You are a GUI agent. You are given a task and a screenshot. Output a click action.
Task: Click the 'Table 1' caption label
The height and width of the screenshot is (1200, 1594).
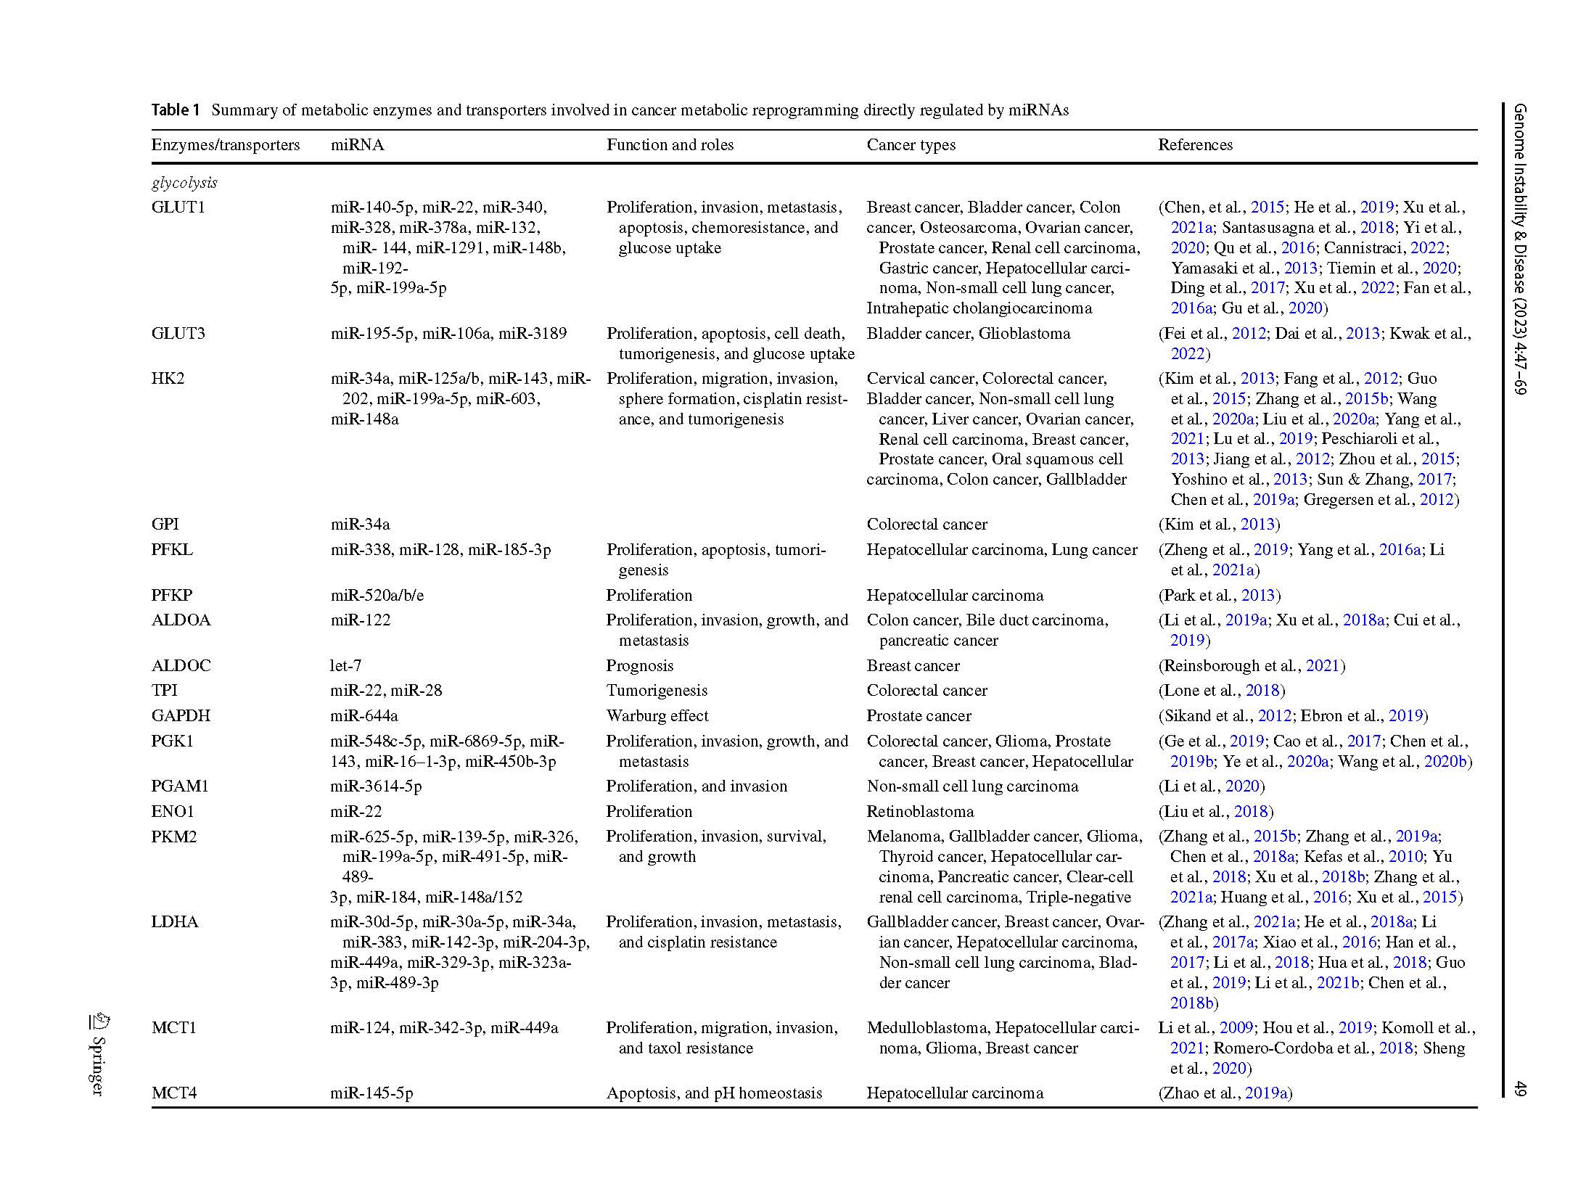pyautogui.click(x=175, y=110)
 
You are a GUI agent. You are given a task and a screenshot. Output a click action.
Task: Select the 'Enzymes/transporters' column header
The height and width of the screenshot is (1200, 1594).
pyautogui.click(x=225, y=144)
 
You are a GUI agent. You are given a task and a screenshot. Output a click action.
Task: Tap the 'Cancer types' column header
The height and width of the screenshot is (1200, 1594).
pyautogui.click(x=911, y=144)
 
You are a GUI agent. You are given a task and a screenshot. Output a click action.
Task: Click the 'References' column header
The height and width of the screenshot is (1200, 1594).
pyautogui.click(x=1195, y=144)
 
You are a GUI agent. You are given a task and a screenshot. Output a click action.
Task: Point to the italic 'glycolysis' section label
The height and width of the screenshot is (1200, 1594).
pyautogui.click(x=184, y=182)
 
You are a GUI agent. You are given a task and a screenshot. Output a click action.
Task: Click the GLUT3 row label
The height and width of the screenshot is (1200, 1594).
pyautogui.click(x=178, y=333)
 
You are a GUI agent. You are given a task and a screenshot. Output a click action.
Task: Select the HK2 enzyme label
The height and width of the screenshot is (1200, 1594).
pyautogui.click(x=168, y=378)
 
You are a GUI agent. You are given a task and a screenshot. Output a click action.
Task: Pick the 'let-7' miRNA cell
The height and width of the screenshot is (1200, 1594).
pyautogui.click(x=345, y=665)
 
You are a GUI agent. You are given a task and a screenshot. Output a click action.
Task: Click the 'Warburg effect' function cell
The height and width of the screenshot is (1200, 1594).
pyautogui.click(x=657, y=715)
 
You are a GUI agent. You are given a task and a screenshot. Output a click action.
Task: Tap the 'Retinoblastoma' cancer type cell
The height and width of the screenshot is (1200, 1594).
pyautogui.click(x=920, y=811)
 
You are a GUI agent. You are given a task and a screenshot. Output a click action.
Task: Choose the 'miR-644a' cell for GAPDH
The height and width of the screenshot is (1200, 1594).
pyautogui.click(x=364, y=715)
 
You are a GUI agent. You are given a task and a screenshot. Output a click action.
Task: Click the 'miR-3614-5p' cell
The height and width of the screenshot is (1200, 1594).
pyautogui.click(x=376, y=786)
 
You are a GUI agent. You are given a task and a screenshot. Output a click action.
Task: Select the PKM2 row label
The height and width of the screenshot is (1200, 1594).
pyautogui.click(x=174, y=837)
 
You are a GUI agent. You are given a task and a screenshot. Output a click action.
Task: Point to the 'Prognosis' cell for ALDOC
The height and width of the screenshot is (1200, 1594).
pyautogui.click(x=639, y=665)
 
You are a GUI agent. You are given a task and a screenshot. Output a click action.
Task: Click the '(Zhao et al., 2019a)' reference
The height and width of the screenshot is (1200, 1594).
pyautogui.click(x=1225, y=1093)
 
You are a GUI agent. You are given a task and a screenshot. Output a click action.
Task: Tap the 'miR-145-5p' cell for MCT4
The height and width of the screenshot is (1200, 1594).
pyautogui.click(x=371, y=1093)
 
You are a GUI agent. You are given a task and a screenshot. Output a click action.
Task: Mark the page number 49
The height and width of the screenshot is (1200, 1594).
pyautogui.click(x=1521, y=1088)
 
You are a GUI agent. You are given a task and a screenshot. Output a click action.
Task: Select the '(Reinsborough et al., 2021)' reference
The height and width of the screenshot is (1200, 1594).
pyautogui.click(x=1251, y=665)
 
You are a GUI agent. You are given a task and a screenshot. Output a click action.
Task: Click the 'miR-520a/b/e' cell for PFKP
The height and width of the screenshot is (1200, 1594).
pyautogui.click(x=377, y=595)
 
